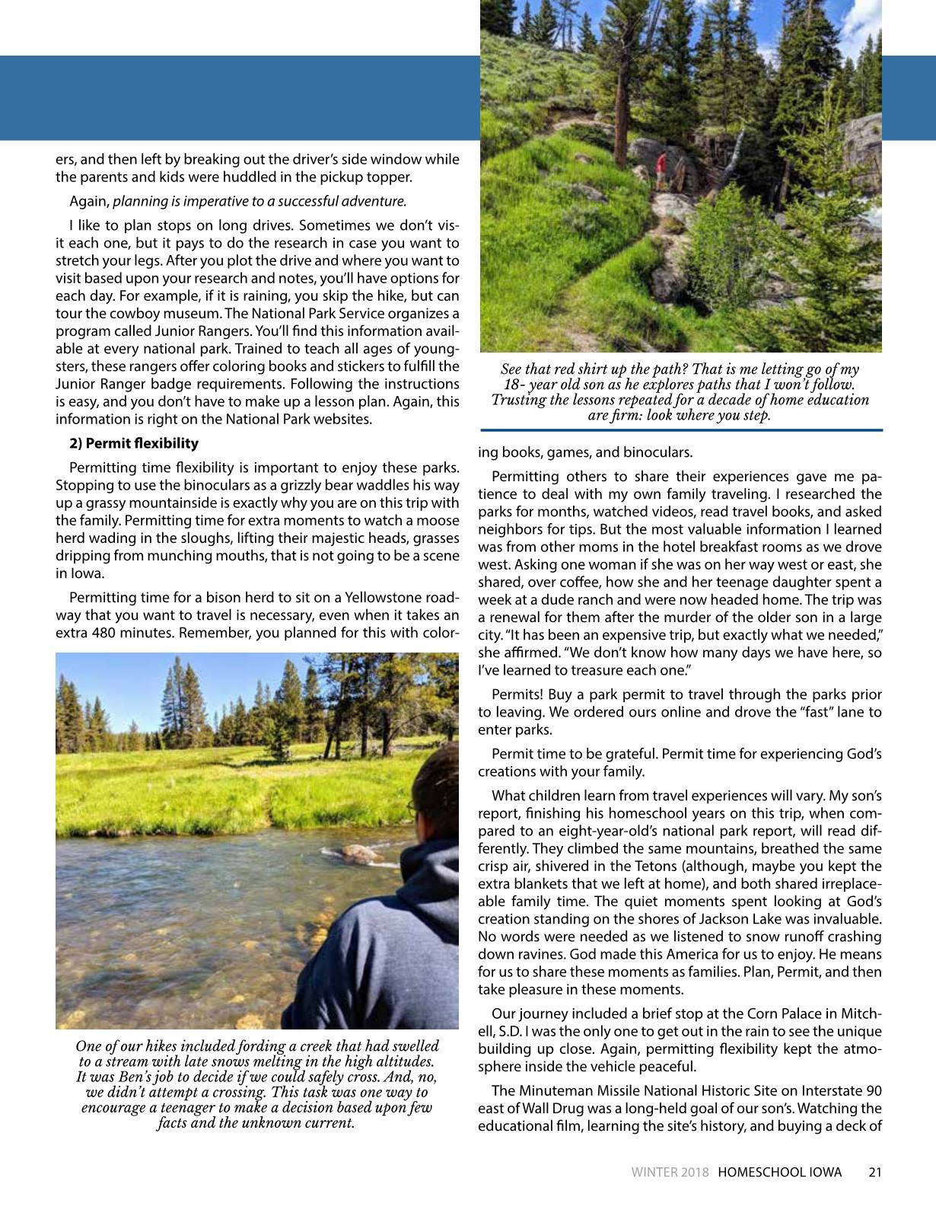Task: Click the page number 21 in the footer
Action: (874, 1173)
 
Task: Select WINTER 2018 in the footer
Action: (670, 1173)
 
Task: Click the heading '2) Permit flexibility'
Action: (134, 443)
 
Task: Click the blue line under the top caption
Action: (681, 431)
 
